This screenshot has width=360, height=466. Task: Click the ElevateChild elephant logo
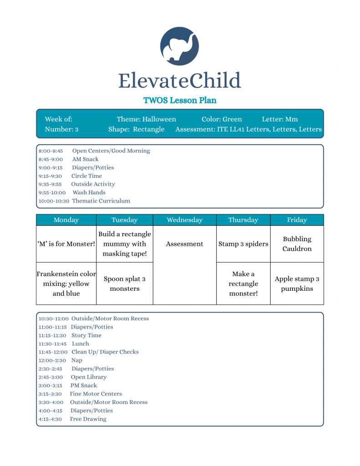tap(180, 46)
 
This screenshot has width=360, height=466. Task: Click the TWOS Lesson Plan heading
tap(180, 100)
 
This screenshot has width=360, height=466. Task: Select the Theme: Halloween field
tap(146, 119)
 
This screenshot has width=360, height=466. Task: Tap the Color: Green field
tap(222, 119)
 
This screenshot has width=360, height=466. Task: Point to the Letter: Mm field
tap(280, 119)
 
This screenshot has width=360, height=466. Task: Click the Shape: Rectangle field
tap(137, 129)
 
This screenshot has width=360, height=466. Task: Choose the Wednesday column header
tap(184, 220)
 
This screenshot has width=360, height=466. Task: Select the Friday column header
tap(297, 220)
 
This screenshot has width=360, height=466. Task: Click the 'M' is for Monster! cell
tap(66, 244)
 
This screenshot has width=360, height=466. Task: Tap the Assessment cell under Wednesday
tap(184, 244)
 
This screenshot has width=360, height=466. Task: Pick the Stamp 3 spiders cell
tap(243, 244)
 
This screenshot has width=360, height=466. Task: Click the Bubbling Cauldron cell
tap(297, 244)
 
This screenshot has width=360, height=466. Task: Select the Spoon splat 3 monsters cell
tap(124, 284)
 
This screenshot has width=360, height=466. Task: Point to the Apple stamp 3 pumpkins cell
tap(297, 284)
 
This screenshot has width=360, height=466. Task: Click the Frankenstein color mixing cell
tap(66, 284)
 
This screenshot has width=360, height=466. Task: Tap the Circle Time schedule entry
tap(86, 176)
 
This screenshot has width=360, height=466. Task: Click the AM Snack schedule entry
tap(85, 159)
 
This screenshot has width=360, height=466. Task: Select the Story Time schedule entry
tap(86, 335)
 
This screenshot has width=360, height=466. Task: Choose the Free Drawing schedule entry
tap(88, 419)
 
